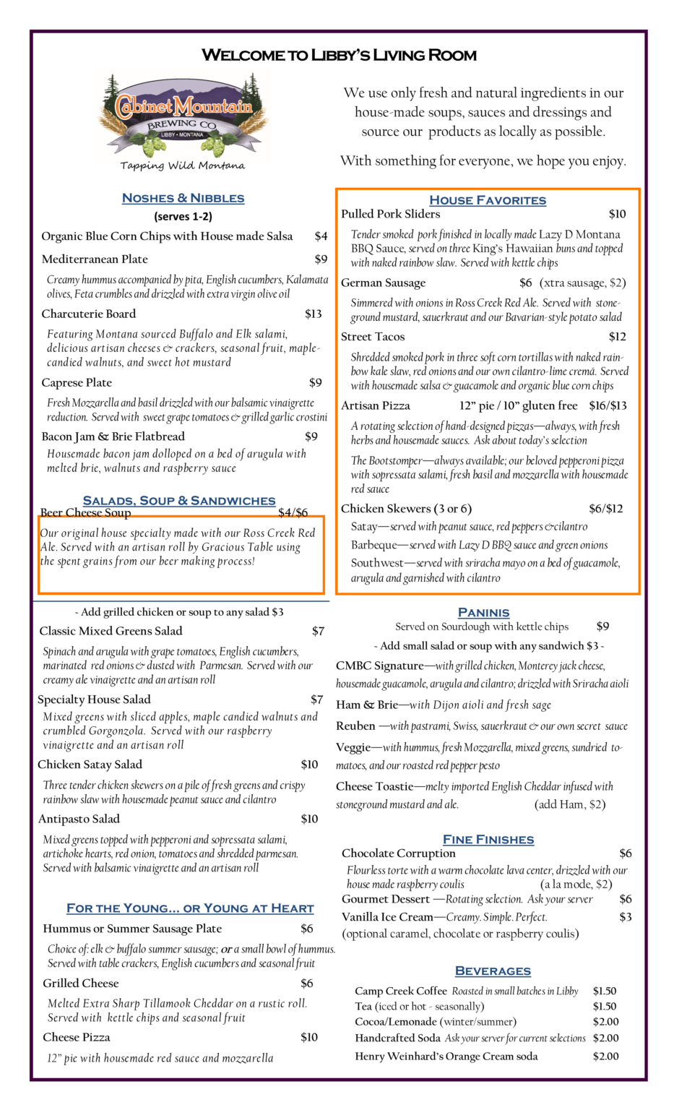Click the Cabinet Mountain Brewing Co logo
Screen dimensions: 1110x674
pos(183,116)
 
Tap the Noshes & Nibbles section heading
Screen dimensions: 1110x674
pos(183,198)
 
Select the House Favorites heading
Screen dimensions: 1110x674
pos(488,200)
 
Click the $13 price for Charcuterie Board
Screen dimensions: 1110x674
pos(313,314)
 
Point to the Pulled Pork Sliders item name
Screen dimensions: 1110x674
pos(390,214)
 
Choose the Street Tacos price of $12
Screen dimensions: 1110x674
pos(617,337)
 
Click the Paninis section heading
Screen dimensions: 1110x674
pos(483,613)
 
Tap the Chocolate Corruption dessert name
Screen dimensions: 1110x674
pos(398,853)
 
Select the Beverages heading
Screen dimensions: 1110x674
pos(493,971)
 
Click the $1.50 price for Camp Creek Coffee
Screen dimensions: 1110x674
pos(605,991)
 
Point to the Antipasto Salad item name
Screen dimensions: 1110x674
pos(79,819)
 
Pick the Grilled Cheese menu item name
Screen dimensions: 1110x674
pos(80,984)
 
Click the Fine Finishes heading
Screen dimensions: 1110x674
pos(488,840)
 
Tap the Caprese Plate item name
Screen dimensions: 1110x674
pos(77,382)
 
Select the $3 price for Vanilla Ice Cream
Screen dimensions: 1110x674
pos(625,917)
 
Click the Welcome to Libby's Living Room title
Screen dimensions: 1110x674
pos(339,55)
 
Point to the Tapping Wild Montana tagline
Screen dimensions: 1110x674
pos(182,165)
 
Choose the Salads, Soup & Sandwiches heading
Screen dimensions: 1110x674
pos(179,501)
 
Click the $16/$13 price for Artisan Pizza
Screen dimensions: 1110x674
pos(608,406)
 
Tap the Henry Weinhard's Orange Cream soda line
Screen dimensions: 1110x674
pos(446,1057)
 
